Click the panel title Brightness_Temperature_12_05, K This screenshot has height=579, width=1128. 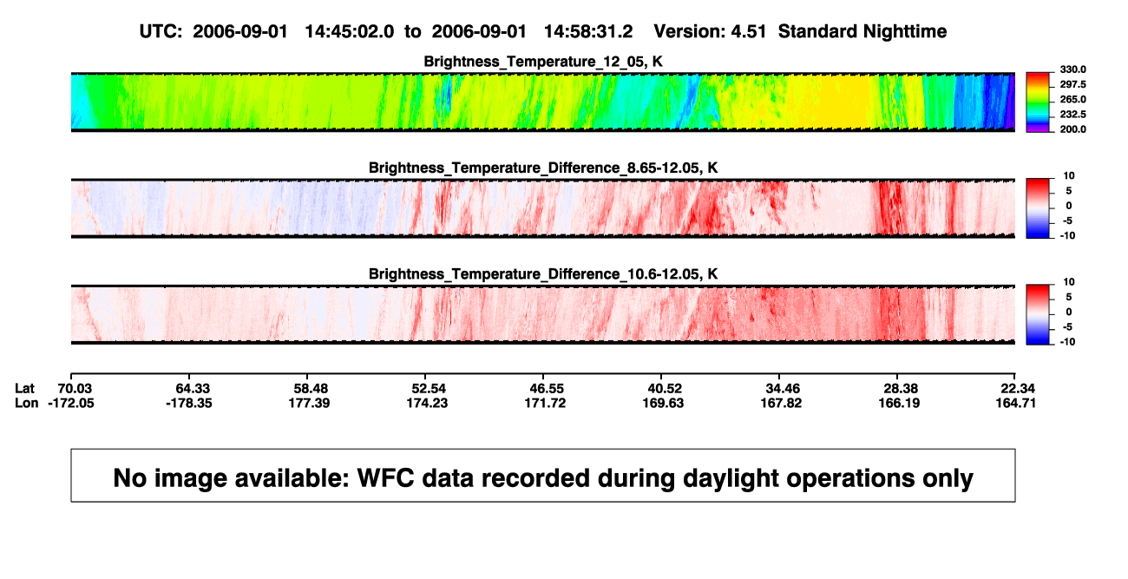coord(543,62)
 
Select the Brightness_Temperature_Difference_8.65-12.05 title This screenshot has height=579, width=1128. coord(543,168)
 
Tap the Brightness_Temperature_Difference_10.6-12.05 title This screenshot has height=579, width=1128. coord(543,274)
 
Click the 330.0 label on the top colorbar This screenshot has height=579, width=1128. coord(1072,69)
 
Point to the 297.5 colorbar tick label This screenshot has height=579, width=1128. coord(1072,85)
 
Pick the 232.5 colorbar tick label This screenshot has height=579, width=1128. coord(1072,115)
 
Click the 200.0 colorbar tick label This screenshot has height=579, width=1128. coord(1072,129)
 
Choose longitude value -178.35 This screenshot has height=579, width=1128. coord(189,403)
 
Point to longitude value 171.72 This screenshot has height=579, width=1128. coord(545,403)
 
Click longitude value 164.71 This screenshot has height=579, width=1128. coord(1016,403)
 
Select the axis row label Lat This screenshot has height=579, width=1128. coord(24,389)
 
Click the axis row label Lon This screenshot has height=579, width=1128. coord(26,403)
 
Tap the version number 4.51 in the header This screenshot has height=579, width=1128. coord(748,32)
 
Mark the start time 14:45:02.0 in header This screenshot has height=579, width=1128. coord(350,32)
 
